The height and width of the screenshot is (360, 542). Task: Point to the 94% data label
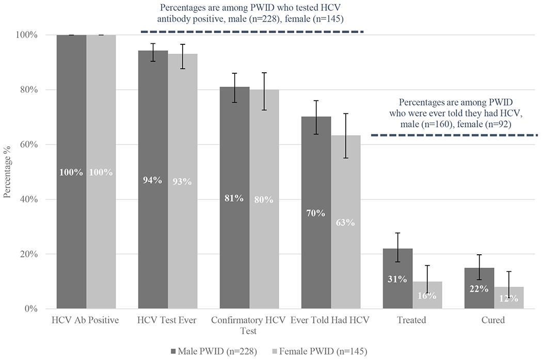tap(153, 181)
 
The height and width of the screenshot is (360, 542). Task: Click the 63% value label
tap(346, 223)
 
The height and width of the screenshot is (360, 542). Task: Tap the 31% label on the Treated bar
tap(397, 280)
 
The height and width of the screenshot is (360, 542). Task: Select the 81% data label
tap(234, 199)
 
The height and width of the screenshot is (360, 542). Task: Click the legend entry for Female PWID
tap(319, 351)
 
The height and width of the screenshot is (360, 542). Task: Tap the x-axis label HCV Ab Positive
tap(86, 320)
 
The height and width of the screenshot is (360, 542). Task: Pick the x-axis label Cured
tap(493, 320)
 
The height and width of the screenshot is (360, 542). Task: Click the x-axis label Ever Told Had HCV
tap(330, 320)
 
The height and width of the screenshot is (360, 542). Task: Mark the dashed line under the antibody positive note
tap(252, 31)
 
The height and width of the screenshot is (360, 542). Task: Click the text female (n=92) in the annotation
tap(491, 125)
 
